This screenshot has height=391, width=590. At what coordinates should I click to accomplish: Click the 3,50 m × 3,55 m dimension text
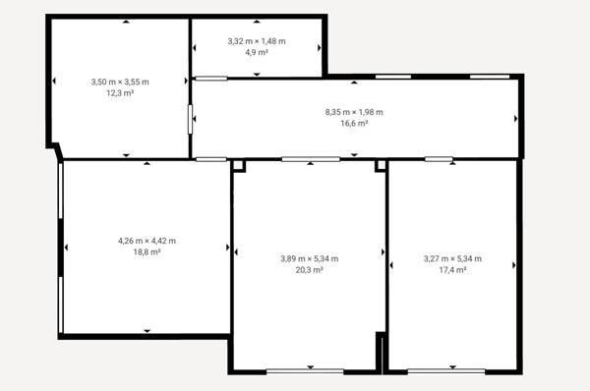coord(119,82)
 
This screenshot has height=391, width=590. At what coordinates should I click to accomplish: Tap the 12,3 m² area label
coord(119,92)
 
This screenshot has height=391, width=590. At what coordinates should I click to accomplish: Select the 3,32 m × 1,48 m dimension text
coord(256,41)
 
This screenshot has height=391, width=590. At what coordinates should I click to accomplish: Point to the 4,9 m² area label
coord(256,52)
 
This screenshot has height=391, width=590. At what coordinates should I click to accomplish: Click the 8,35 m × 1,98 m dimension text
coord(354,113)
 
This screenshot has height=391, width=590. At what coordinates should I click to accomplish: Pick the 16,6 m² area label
coord(354,124)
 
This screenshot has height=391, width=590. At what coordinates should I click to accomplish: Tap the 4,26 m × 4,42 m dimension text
coord(147,241)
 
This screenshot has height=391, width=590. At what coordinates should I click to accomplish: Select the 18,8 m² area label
coord(147,251)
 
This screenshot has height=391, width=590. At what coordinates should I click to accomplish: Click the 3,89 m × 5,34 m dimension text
coord(309,258)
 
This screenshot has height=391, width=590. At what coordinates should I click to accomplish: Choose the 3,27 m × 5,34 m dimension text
coord(452,258)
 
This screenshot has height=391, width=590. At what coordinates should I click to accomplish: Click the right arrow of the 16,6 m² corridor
coord(515,119)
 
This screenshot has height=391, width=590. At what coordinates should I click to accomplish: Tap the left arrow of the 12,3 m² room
coord(55,81)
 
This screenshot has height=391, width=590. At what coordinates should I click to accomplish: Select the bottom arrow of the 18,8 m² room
coord(147,331)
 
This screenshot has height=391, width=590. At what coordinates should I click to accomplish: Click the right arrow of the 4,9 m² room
coord(320,46)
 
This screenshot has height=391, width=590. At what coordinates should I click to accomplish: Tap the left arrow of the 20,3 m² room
coord(237,253)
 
